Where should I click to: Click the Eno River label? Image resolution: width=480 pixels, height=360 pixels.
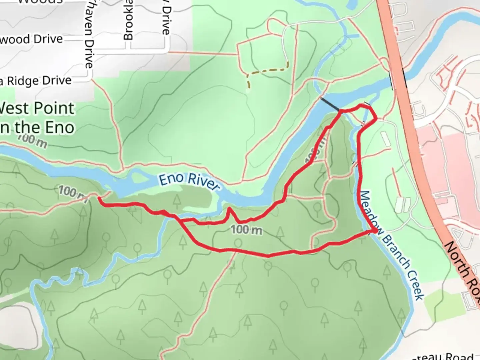189,182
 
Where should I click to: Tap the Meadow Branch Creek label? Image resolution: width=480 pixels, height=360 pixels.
392,245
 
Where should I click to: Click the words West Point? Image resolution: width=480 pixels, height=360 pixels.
37,109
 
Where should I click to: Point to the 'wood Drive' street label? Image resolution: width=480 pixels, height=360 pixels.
32,39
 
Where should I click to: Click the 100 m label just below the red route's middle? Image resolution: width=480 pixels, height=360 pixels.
247,229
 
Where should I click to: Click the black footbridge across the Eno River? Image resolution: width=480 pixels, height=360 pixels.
329,104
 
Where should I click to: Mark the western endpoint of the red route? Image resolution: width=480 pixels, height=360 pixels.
99,198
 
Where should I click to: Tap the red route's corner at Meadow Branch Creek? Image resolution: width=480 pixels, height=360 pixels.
375,230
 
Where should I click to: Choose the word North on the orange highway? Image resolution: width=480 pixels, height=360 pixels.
457,257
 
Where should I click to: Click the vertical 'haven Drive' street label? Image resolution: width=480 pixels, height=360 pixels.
89,33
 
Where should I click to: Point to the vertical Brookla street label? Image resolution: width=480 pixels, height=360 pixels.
128,20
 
